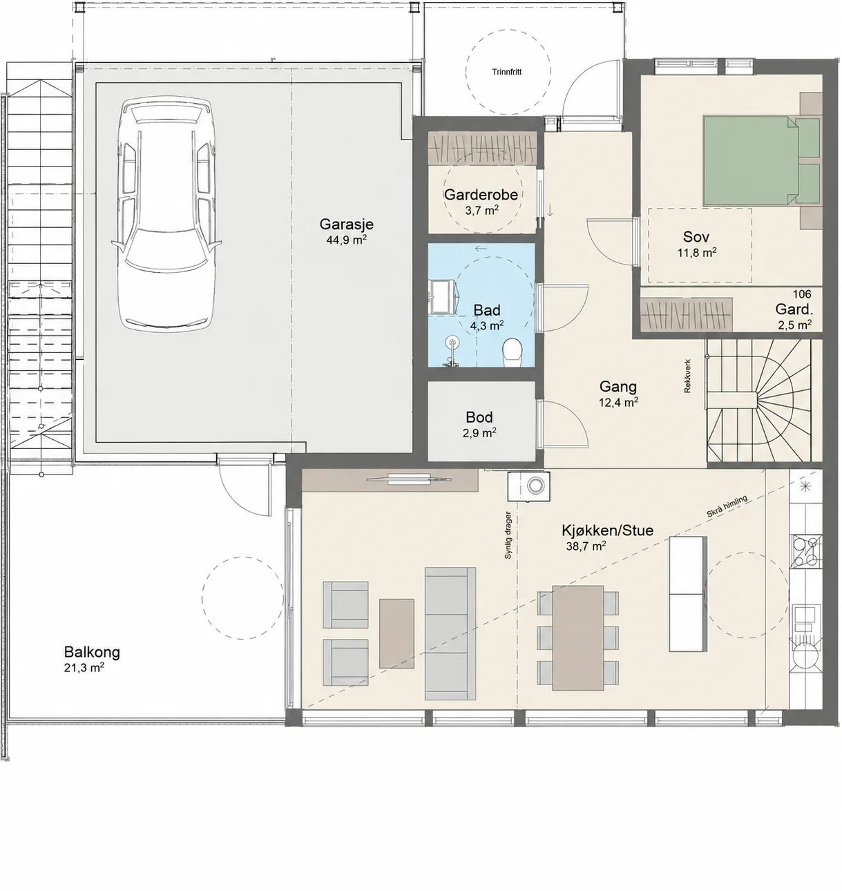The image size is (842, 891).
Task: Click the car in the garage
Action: (x=166, y=214)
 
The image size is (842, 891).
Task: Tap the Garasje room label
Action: (x=347, y=224)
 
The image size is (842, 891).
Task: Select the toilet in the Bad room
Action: (x=512, y=352)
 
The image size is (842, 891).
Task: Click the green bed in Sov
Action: (x=761, y=161)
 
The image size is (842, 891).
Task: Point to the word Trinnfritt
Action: (x=507, y=72)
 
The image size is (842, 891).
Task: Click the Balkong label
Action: (x=92, y=652)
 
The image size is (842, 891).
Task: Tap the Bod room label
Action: (x=479, y=417)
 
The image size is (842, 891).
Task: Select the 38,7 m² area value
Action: (x=586, y=546)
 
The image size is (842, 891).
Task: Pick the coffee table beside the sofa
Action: (x=396, y=633)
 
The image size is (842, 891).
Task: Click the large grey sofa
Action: (x=450, y=633)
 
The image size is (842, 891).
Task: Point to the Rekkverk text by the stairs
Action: (x=687, y=376)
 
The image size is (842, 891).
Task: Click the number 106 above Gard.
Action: (x=802, y=294)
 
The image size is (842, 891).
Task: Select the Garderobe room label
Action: (x=481, y=194)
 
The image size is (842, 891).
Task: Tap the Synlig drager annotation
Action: (x=508, y=535)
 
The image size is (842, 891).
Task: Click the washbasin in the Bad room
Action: (x=442, y=296)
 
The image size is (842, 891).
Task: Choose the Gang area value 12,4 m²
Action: (x=618, y=402)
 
